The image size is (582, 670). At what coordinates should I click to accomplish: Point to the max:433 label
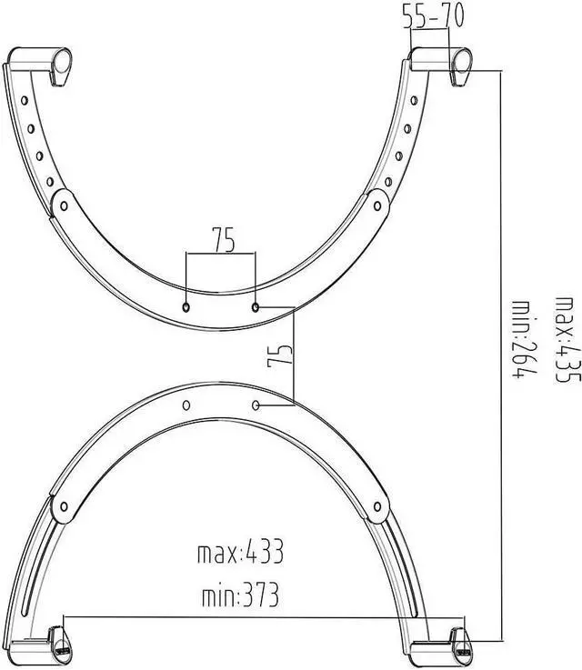tap(241, 552)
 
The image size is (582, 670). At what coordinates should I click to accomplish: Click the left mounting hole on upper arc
tap(186, 307)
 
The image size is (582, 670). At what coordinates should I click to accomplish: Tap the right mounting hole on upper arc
tap(256, 307)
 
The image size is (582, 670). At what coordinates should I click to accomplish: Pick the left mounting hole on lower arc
tap(186, 404)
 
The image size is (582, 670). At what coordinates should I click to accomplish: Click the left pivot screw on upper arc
tap(64, 206)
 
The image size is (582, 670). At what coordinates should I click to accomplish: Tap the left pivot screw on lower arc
tap(64, 505)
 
